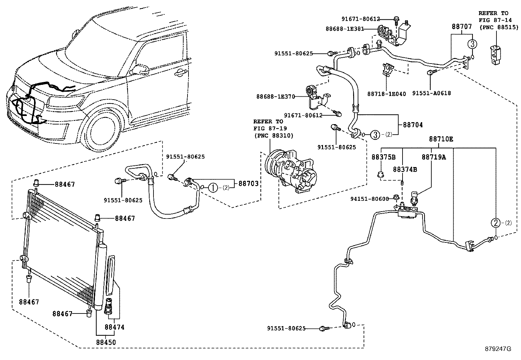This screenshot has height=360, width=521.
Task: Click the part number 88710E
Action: (441, 139)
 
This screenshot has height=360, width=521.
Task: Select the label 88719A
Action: (433, 157)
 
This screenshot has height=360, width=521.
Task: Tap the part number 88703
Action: (248, 184)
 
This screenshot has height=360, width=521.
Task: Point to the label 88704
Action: (412, 125)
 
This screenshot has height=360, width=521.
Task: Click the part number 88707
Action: (462, 27)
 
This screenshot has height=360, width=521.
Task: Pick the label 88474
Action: (114, 327)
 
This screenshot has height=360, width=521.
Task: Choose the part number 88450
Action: (106, 342)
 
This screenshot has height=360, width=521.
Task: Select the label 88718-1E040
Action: (386, 94)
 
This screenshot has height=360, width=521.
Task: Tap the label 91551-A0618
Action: (431, 93)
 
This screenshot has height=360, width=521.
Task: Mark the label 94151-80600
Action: (369, 199)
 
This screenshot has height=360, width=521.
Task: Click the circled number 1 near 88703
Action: (213, 187)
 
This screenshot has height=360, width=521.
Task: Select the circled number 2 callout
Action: (496, 223)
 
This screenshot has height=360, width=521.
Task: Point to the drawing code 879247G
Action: (498, 349)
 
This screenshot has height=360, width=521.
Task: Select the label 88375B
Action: (383, 157)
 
